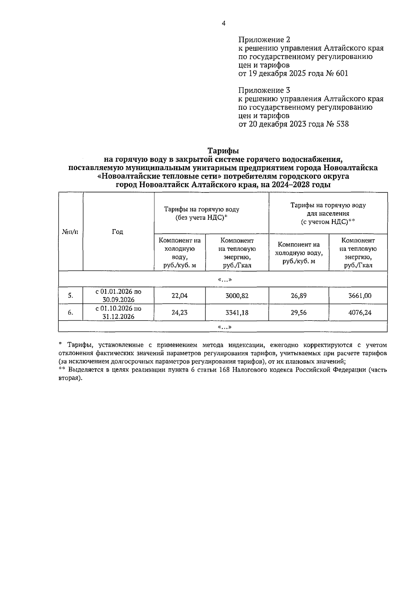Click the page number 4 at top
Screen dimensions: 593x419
[x=223, y=23]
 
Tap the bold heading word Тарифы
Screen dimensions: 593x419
[x=223, y=151]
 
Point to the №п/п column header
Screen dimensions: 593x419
[x=70, y=232]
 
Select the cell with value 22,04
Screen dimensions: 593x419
[x=179, y=295]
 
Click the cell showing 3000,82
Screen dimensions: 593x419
[x=237, y=295]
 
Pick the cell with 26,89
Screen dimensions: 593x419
[x=299, y=295]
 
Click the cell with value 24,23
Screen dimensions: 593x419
[x=179, y=313]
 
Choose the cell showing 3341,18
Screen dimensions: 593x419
[x=237, y=313]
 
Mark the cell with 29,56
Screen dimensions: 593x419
[x=299, y=313]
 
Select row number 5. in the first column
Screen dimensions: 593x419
[x=70, y=295]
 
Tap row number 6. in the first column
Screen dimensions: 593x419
[x=70, y=313]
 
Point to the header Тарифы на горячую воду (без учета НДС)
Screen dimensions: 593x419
[x=202, y=213]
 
